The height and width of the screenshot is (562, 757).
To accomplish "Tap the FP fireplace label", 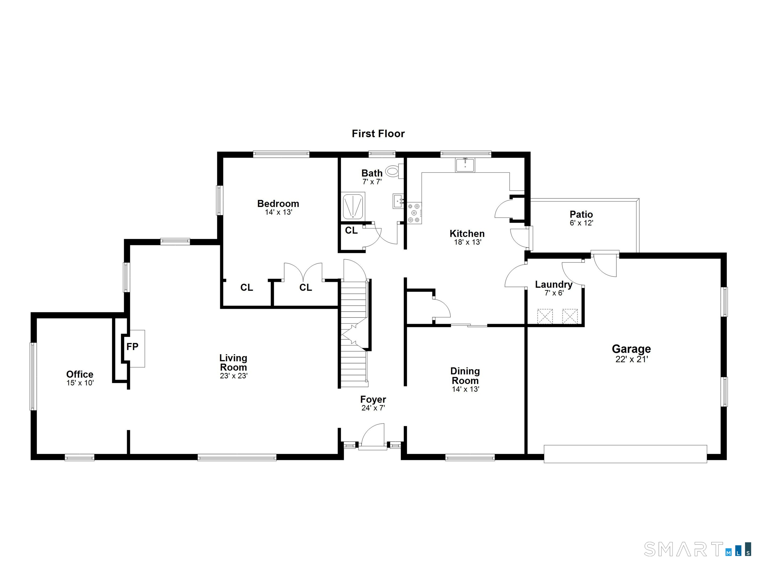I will (132, 347).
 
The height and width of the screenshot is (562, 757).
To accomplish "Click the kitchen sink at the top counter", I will (465, 165).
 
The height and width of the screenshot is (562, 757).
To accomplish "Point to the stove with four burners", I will (414, 213).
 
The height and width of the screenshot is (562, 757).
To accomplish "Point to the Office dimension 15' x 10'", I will (80, 383).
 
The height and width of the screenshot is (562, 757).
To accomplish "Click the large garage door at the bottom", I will (625, 454).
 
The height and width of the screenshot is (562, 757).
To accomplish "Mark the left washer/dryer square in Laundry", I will (544, 316).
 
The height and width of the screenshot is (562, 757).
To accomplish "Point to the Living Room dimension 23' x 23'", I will (233, 376).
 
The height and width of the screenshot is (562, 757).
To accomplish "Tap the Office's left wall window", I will (33, 376).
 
